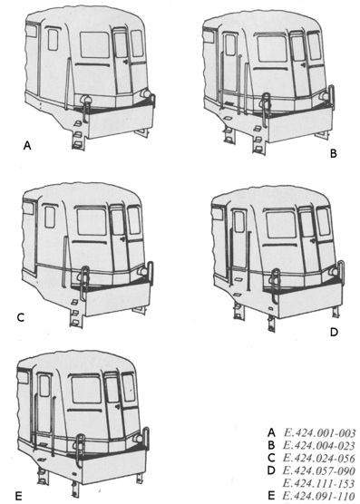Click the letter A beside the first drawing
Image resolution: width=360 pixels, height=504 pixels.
27,146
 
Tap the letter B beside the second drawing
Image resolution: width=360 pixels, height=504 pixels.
334,153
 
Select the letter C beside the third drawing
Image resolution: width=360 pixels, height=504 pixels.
21,317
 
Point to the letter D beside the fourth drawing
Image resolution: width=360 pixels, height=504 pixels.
335,332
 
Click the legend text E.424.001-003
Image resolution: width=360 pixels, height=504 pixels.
319,433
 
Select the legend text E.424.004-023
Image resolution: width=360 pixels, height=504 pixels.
319,446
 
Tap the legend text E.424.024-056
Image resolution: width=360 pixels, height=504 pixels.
319,459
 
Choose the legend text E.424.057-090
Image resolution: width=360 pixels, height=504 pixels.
319,470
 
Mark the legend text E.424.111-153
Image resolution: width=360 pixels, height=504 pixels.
319,483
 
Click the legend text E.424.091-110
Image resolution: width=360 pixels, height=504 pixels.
319,496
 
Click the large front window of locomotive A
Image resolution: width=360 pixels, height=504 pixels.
95,44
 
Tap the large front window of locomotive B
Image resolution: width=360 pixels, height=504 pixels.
272,49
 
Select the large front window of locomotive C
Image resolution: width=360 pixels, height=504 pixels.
92,222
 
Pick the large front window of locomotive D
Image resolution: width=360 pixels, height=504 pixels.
281,225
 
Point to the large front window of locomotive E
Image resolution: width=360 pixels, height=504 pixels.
86,390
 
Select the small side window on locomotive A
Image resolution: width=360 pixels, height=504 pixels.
53,40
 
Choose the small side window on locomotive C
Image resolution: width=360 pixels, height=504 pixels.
50,218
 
